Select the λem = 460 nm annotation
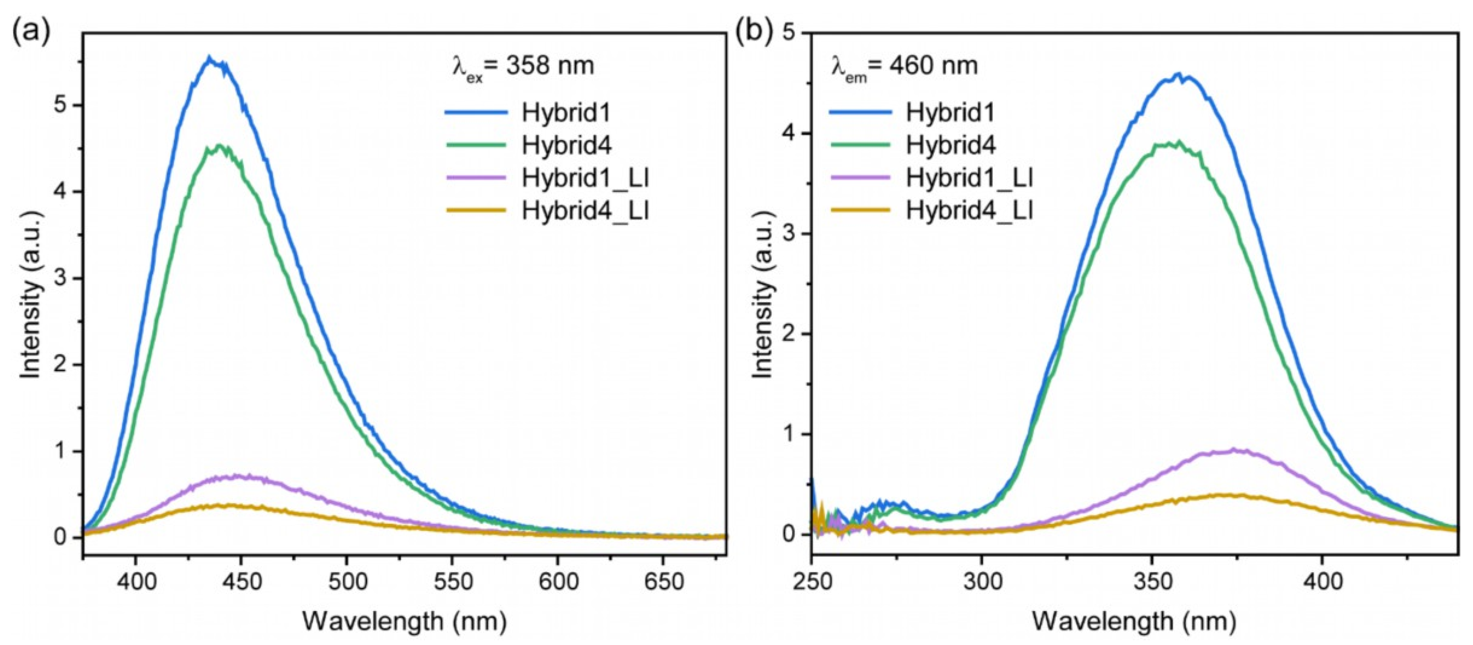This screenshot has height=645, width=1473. point(904,66)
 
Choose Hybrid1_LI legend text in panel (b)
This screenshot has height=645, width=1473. point(970,178)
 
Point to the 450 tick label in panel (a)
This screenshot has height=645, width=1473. point(241,582)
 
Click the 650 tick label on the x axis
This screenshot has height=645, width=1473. point(663,582)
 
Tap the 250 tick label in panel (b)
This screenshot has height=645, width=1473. point(812,582)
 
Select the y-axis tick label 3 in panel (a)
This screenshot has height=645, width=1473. point(59,278)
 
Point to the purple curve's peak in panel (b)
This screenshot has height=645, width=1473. point(1234,450)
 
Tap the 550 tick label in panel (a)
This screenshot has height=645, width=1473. point(452,582)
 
